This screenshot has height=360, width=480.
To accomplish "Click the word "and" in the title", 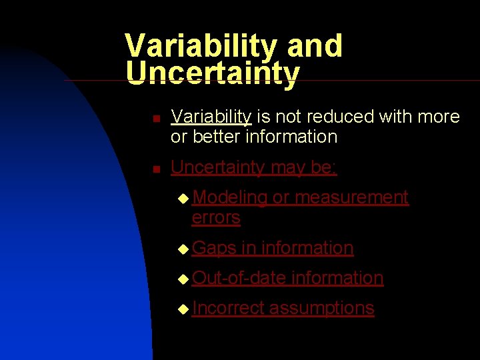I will pos(315,46).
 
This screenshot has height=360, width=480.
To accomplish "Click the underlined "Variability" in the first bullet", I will pos(211,117).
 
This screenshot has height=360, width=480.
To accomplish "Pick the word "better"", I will pos(216,137).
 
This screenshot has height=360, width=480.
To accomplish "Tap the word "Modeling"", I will pos(229,197).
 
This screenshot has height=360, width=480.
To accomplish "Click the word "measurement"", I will pos(351,197).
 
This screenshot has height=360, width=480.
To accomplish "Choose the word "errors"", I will pos(216,217).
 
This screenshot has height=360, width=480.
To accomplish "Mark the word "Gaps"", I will pos(214,248).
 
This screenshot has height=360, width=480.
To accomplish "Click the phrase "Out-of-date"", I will pos(239,278).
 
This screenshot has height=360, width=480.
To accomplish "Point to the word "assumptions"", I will pos(322,308).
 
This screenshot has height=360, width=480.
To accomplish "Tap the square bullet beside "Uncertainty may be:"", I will pos(155,169).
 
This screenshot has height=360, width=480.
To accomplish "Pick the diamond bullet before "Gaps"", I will pos(183,249).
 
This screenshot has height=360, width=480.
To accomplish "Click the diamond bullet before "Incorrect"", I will pos(183,309).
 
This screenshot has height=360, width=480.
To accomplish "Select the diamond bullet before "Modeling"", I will pos(183,199).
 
